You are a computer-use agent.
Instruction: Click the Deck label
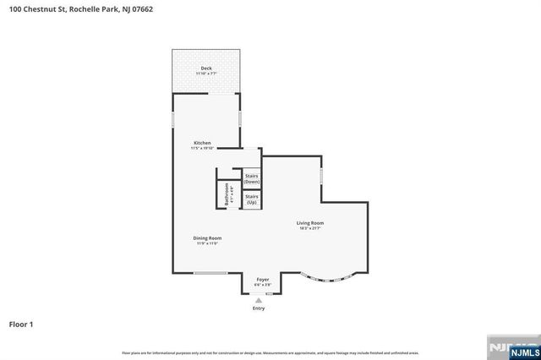[x=206, y=68]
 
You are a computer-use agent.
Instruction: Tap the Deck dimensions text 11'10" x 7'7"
[x=206, y=74]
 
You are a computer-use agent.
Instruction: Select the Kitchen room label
[x=202, y=143]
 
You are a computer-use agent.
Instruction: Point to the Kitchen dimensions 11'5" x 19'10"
[x=202, y=149]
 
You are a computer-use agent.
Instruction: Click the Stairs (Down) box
[x=251, y=179]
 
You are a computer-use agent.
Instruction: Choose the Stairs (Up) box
[x=251, y=199]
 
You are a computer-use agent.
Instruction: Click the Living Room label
[x=309, y=223]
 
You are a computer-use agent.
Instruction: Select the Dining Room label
[x=208, y=238]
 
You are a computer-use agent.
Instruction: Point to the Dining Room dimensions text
[x=208, y=244]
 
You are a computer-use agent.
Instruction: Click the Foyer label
[x=263, y=279]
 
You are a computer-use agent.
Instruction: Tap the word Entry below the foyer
[x=259, y=308]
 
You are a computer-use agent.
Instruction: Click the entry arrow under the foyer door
[x=259, y=300]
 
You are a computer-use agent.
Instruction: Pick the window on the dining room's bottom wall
[x=210, y=273]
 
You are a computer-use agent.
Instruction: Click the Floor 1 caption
[x=21, y=324]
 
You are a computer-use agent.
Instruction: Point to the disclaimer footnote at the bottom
[x=270, y=352]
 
